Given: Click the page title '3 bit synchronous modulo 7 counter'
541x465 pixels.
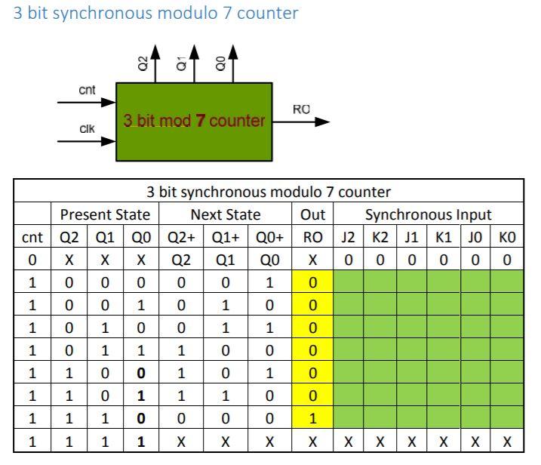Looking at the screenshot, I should click(156, 13).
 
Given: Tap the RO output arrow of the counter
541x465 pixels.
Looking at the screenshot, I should click(306, 121).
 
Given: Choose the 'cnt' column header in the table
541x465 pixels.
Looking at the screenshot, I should click(32, 238).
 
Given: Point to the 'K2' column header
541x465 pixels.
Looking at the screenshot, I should click(380, 238).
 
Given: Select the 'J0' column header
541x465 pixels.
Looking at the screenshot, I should click(475, 238).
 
